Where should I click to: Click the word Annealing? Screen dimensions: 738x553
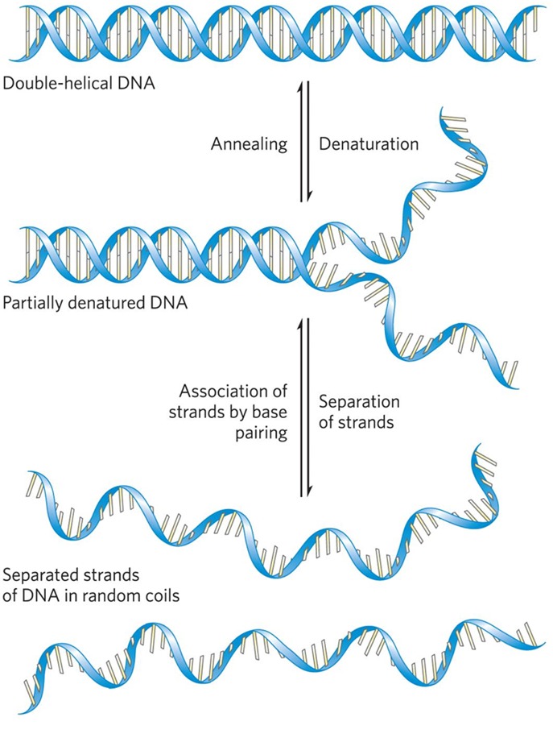[x=249, y=145]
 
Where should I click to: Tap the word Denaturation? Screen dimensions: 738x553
[x=369, y=145]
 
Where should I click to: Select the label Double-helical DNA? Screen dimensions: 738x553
[x=77, y=83]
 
